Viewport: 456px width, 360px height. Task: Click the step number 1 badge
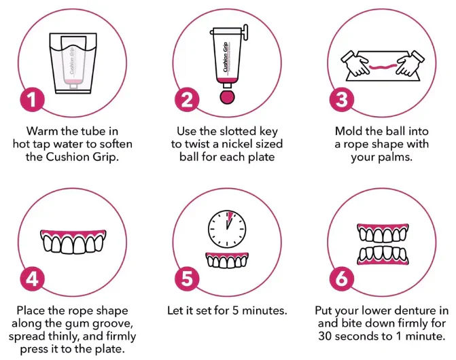coord(33,99)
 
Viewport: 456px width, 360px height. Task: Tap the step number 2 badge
coord(187,99)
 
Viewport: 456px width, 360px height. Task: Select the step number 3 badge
coord(342,99)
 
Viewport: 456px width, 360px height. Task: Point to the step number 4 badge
coord(33,278)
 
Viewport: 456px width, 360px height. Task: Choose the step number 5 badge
coord(187,278)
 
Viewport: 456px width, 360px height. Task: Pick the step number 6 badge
coord(342,278)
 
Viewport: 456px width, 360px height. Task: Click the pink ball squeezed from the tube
coord(227,96)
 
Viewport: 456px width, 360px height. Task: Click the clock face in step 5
coord(227,229)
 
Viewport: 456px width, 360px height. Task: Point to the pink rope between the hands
coord(383,67)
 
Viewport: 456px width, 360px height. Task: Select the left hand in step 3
coord(355,62)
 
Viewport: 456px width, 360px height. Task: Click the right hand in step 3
coord(410,62)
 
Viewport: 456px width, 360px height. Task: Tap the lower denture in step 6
coord(383,255)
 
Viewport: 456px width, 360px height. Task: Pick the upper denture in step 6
coord(383,233)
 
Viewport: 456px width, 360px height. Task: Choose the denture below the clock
coord(227,259)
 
